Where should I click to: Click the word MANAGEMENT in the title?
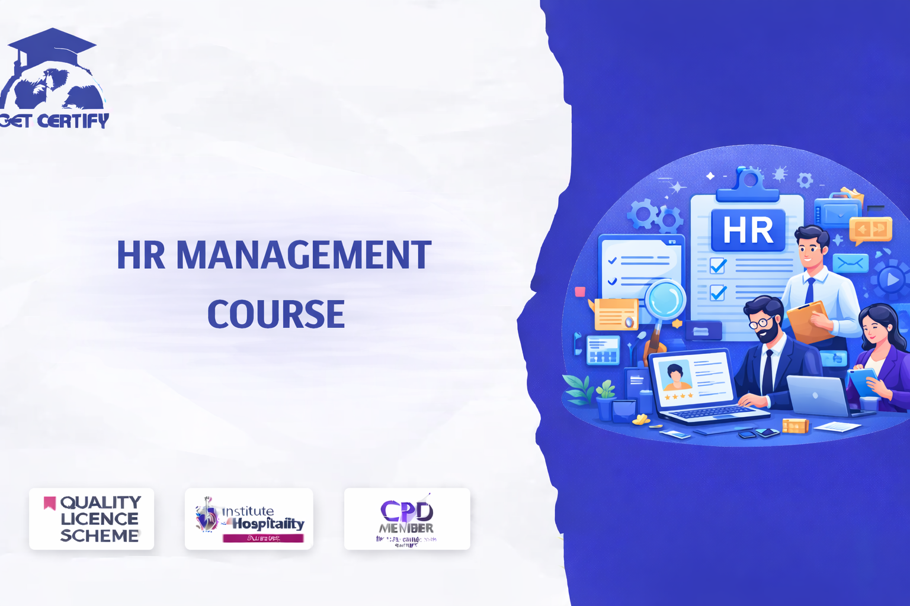(x=303, y=256)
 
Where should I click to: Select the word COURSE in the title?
(x=276, y=314)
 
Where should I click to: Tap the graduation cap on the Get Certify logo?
(x=52, y=45)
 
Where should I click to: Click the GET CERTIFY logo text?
(x=55, y=121)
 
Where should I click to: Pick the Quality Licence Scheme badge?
(x=91, y=519)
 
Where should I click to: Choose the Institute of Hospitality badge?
(x=249, y=519)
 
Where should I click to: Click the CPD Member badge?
(x=407, y=519)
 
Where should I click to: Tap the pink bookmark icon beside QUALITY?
(x=50, y=503)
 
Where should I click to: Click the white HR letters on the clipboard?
(x=748, y=231)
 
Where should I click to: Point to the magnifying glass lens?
(x=665, y=299)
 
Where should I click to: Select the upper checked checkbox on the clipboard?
(x=718, y=266)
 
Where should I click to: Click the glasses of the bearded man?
(x=760, y=323)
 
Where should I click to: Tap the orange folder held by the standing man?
(x=807, y=323)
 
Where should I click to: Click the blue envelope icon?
(x=850, y=263)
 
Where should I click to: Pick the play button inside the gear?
(x=890, y=279)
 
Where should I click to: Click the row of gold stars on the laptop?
(x=678, y=397)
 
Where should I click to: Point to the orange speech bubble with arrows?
(x=870, y=230)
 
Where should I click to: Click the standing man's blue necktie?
(x=809, y=290)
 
